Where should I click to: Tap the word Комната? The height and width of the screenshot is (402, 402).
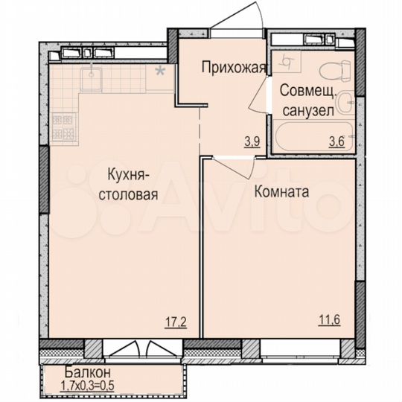(281, 191)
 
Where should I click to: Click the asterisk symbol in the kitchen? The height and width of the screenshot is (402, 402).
(159, 72)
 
